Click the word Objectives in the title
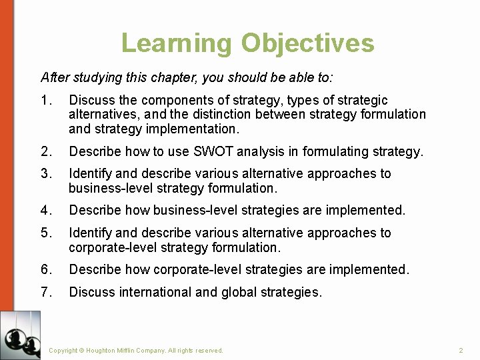(x=307, y=43)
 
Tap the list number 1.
(x=45, y=101)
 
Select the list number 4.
(x=45, y=211)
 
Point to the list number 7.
(x=45, y=292)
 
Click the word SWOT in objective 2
(x=213, y=152)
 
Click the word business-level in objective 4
(x=195, y=211)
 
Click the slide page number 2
(x=461, y=350)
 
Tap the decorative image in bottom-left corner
(x=20, y=335)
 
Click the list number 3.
(x=45, y=174)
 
